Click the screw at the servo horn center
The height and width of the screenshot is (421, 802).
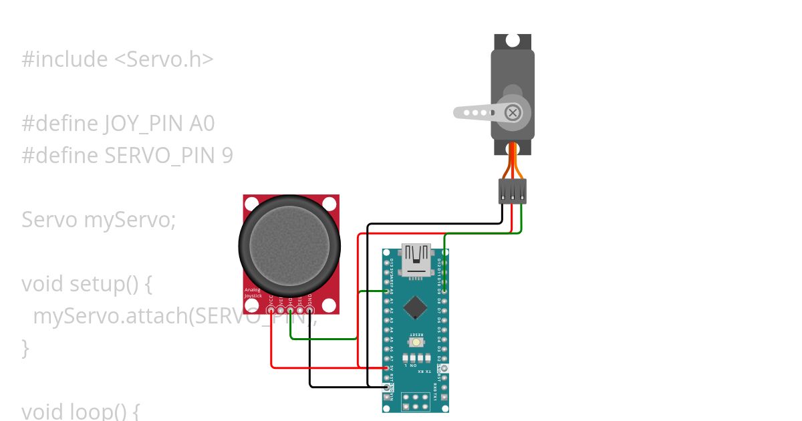(513, 113)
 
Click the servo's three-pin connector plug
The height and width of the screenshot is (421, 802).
(513, 191)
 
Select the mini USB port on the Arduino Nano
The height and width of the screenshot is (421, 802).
(415, 261)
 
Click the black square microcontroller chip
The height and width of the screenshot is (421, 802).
(416, 307)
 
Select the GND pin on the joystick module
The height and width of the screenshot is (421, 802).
(309, 309)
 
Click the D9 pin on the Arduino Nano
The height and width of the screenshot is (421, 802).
(444, 292)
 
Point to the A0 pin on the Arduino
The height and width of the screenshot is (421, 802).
(387, 291)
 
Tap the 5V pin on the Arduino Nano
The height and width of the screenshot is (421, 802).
(387, 368)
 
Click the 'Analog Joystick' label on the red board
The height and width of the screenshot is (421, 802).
(253, 293)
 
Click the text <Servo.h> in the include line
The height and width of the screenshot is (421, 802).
(164, 59)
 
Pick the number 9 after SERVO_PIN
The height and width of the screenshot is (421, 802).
(227, 156)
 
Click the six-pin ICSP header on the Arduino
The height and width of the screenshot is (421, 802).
(415, 402)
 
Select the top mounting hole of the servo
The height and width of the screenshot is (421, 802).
(512, 40)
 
